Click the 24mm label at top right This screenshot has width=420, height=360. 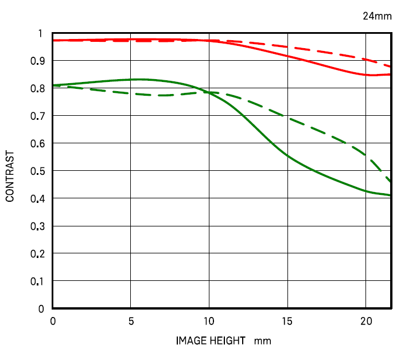377,16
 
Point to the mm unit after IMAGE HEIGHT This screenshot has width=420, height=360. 263,342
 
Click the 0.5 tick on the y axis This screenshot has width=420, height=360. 37,171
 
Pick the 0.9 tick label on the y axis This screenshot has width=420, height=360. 37,61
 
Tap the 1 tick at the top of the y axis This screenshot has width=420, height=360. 40,33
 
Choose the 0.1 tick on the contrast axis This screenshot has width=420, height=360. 37,281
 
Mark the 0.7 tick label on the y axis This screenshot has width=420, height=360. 37,116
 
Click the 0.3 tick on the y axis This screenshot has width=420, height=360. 37,226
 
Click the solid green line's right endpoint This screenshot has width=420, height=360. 390,195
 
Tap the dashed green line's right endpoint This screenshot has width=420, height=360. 390,181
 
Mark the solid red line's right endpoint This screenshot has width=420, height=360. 390,75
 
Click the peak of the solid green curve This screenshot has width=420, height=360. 139,79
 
